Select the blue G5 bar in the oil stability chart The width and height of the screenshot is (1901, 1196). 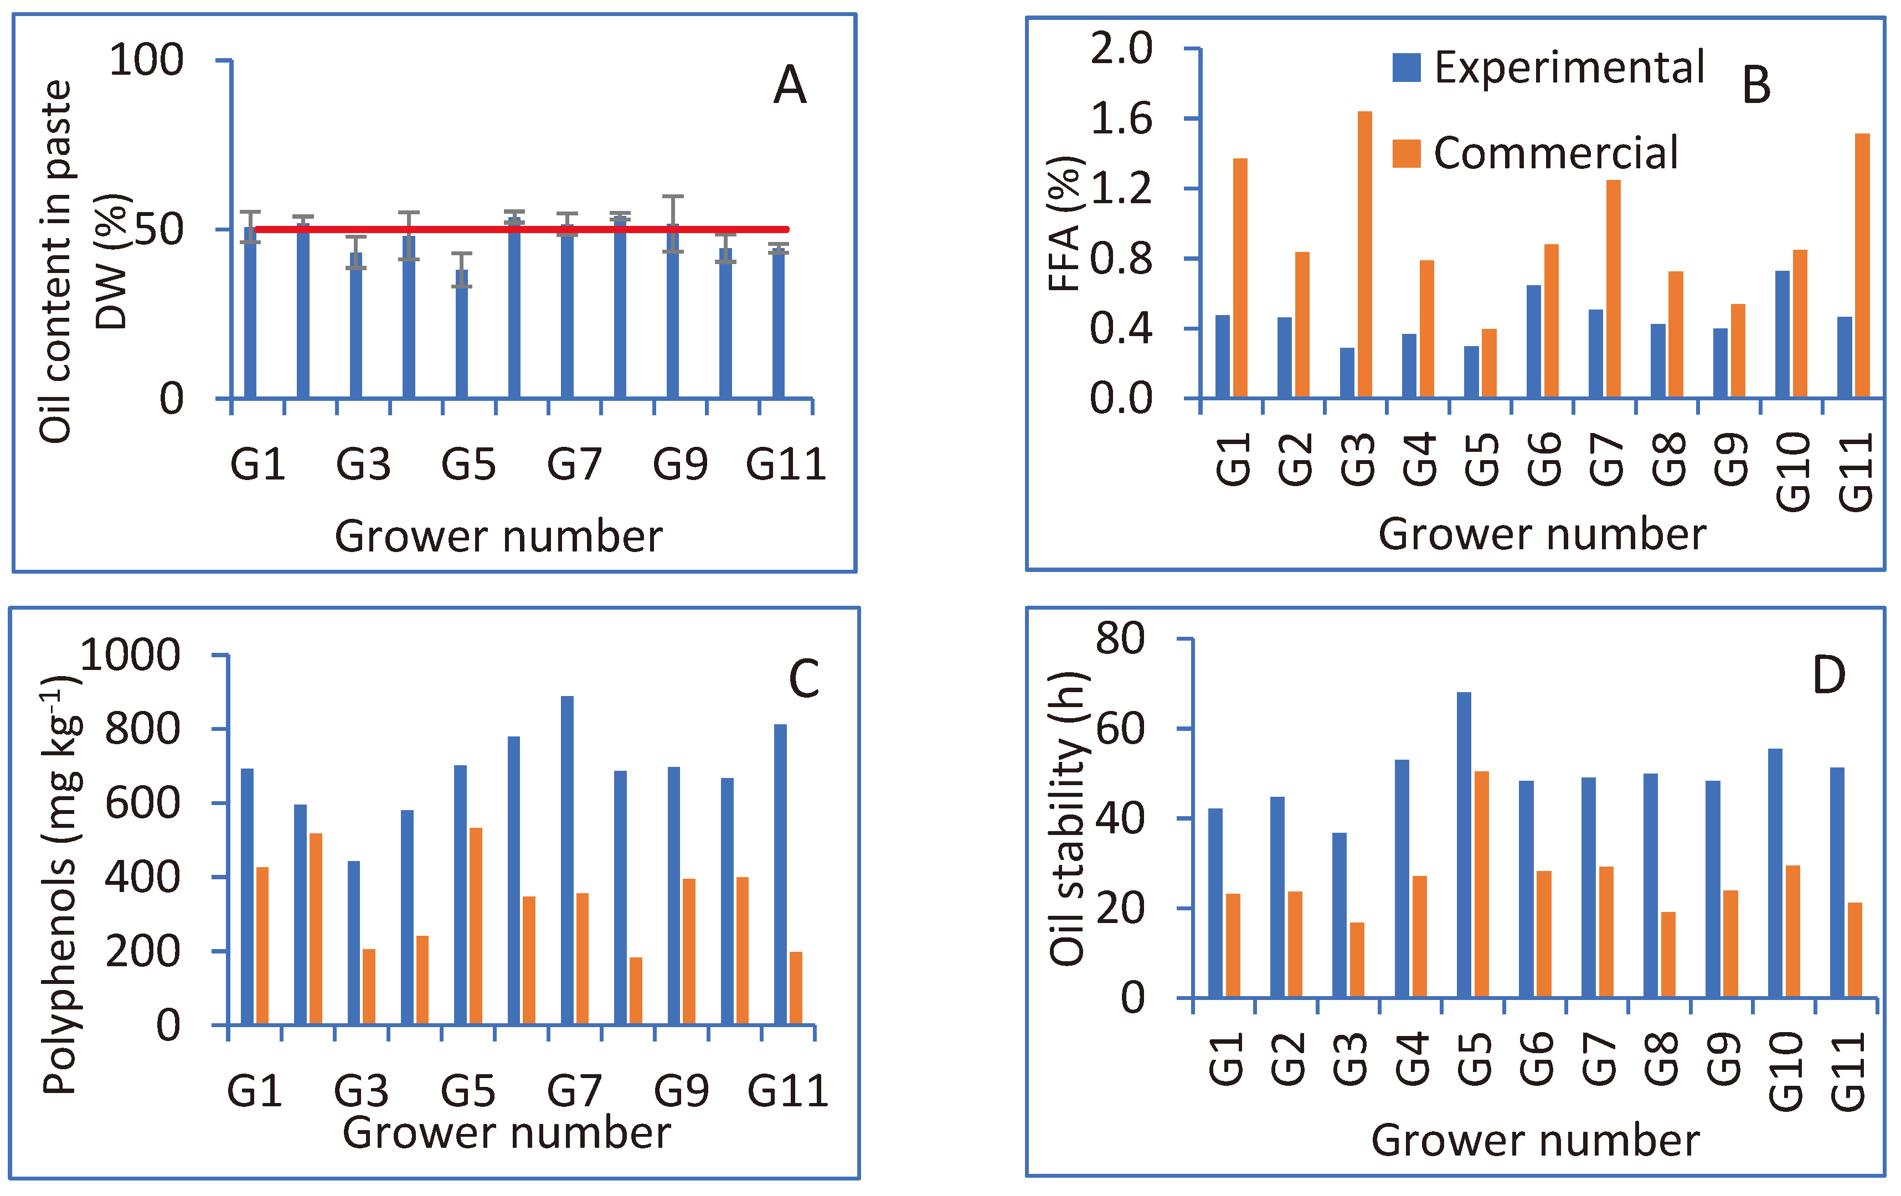[x=1464, y=845]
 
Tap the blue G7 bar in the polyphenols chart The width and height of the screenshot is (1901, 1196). [x=567, y=860]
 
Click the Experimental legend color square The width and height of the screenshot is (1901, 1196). [x=1406, y=68]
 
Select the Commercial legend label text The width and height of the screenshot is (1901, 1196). [x=1555, y=153]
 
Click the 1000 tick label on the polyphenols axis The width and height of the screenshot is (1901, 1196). [x=131, y=655]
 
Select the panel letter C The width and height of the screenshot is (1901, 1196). [x=803, y=679]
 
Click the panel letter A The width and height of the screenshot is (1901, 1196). [x=790, y=85]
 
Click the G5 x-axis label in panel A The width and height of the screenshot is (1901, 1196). [x=468, y=464]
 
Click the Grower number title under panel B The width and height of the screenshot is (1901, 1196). [x=1542, y=534]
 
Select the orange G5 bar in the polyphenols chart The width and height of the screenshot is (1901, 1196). [x=476, y=926]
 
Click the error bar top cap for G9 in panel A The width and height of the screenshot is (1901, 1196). [x=673, y=197]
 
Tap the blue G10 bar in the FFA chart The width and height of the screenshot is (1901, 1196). [x=1782, y=333]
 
